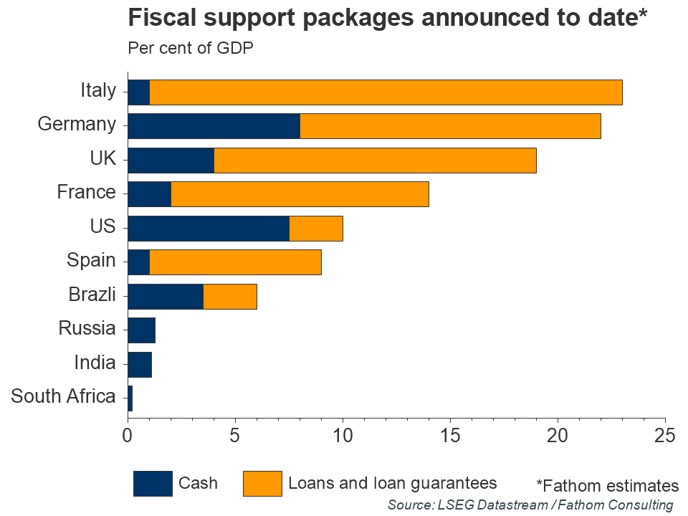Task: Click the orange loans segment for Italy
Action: [x=386, y=92]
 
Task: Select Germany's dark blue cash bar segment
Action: [x=214, y=126]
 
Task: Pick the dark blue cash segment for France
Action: [x=149, y=194]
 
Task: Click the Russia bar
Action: [x=141, y=330]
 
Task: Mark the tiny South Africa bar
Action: [x=130, y=398]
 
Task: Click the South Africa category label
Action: [x=63, y=396]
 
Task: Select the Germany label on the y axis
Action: [x=76, y=124]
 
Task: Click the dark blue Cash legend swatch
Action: [x=153, y=484]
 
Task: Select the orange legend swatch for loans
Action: [x=262, y=484]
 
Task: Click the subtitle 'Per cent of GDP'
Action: [x=190, y=49]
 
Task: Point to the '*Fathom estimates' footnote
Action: [x=607, y=485]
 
